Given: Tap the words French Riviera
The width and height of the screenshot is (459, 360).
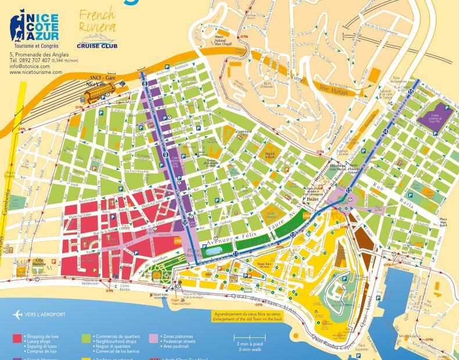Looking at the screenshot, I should (x=97, y=21).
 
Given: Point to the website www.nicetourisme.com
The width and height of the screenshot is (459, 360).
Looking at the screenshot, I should (x=35, y=72).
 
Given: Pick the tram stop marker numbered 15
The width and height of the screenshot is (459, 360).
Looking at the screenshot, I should (x=410, y=92).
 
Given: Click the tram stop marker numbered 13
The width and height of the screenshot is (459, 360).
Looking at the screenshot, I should (x=349, y=190).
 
